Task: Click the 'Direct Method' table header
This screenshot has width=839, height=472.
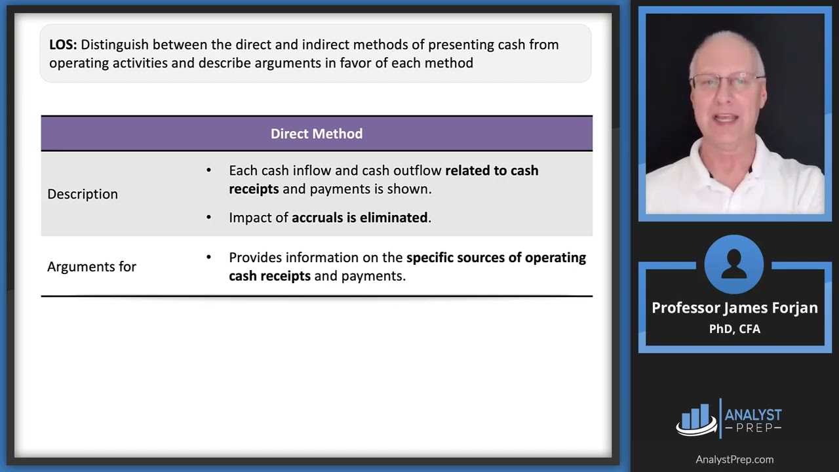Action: click(317, 134)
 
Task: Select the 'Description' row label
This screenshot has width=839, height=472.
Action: click(83, 194)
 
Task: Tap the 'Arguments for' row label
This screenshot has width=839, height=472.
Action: click(92, 267)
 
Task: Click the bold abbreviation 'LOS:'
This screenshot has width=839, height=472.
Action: click(64, 45)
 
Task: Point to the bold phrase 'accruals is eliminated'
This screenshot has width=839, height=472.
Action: click(360, 218)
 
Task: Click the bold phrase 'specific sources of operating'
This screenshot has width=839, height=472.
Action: click(496, 258)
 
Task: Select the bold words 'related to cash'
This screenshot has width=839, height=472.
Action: click(492, 170)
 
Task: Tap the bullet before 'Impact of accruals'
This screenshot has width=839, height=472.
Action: click(209, 218)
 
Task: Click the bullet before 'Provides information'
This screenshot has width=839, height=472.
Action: click(209, 258)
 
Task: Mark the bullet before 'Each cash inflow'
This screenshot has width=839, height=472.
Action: click(209, 170)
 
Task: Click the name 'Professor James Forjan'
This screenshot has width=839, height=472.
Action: click(735, 308)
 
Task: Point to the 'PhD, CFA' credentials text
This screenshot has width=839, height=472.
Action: click(735, 329)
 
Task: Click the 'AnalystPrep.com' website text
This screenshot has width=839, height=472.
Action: click(735, 460)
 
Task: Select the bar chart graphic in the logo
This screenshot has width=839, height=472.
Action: click(696, 418)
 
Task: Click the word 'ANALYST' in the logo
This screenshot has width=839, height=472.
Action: click(753, 415)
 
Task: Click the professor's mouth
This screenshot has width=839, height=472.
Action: click(727, 119)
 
